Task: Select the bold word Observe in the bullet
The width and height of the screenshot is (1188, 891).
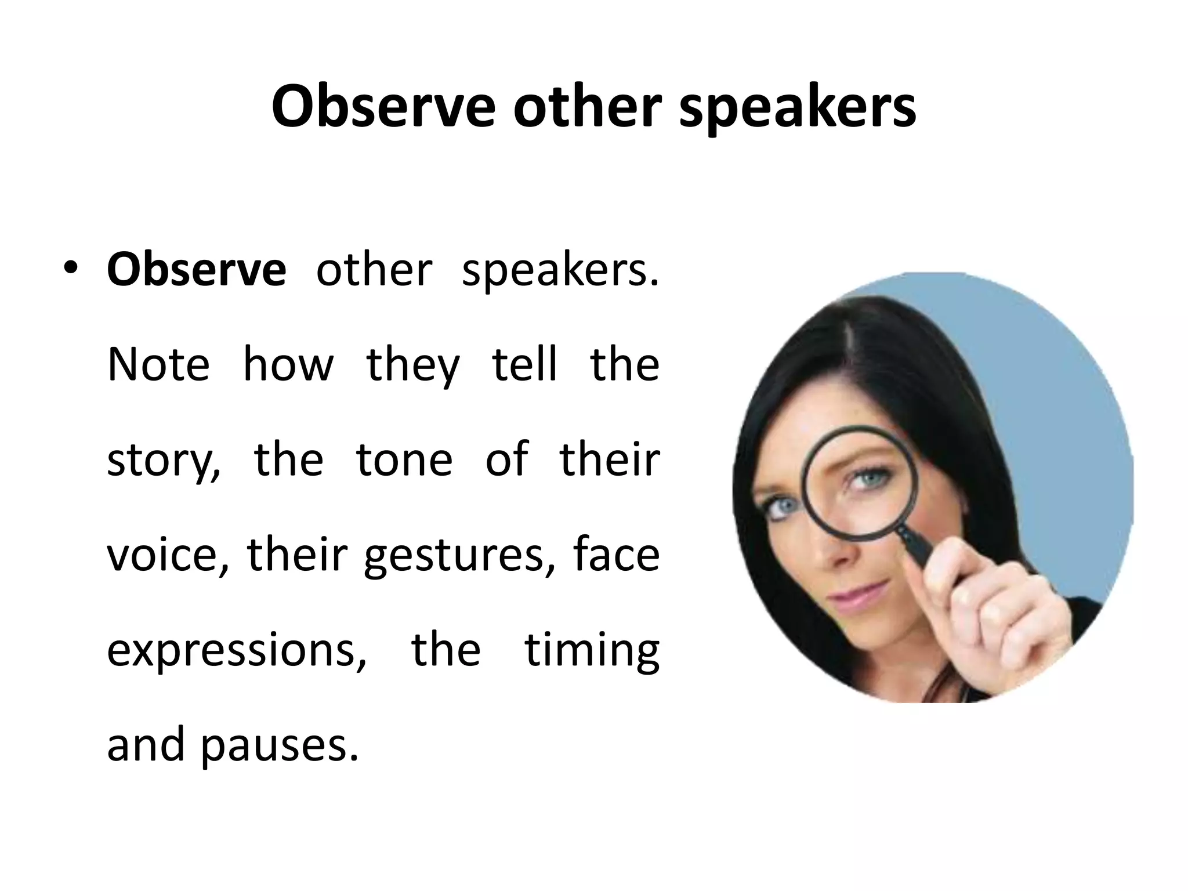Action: click(x=196, y=270)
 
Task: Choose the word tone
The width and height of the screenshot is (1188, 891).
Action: click(x=404, y=459)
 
